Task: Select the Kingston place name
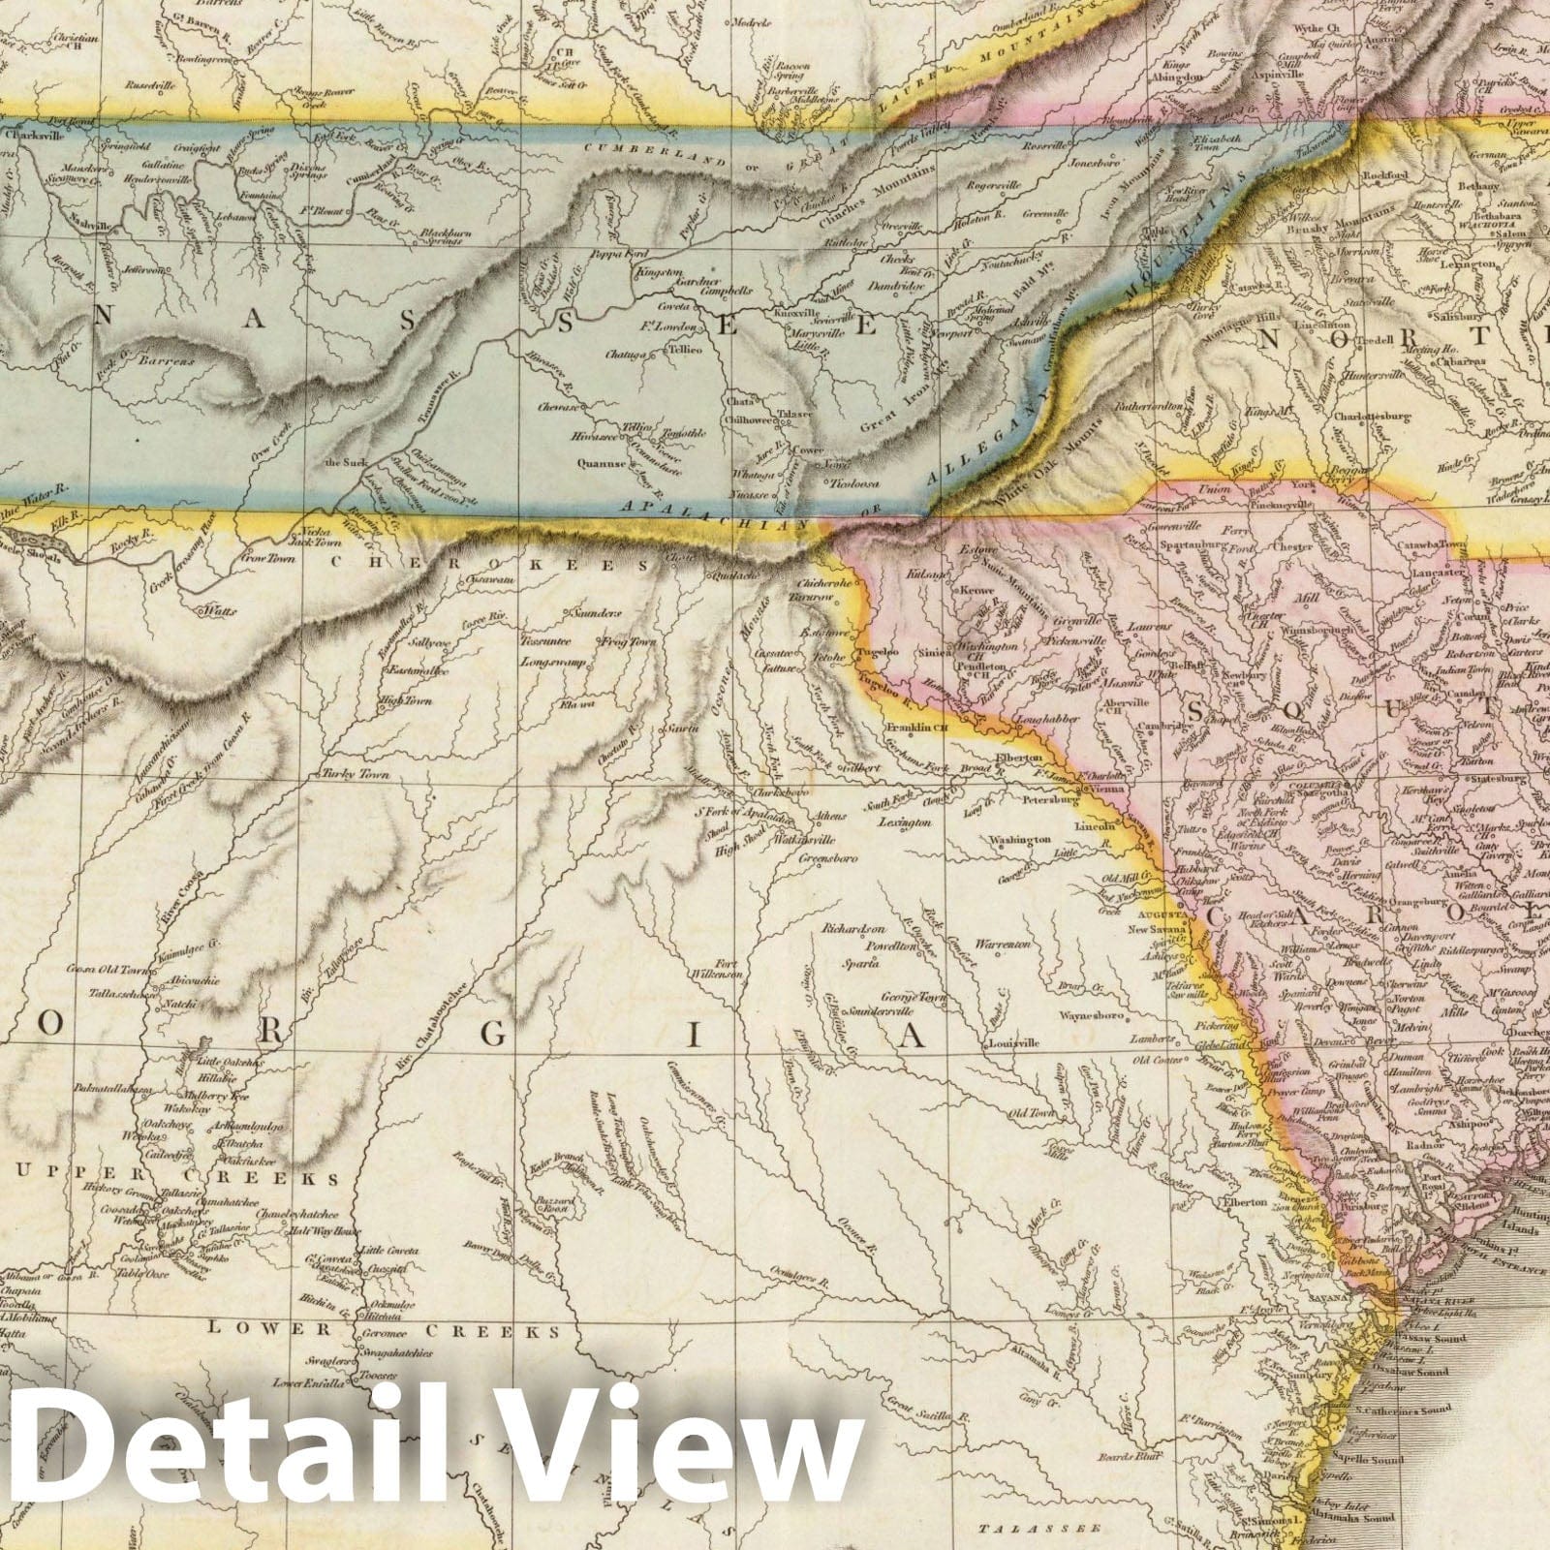tap(659, 273)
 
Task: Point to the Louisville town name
tap(1014, 1043)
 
